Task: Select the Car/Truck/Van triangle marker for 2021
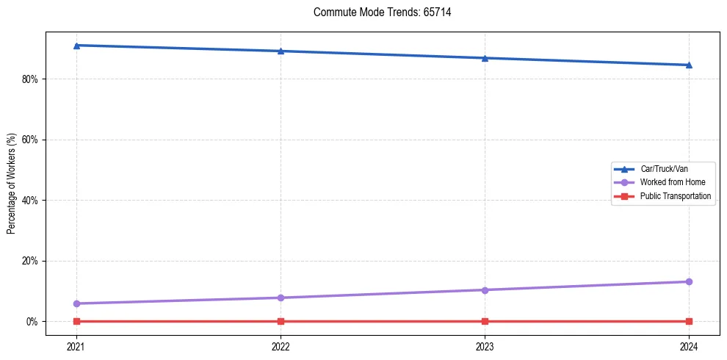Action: click(x=76, y=46)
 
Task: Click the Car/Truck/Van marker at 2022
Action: click(x=281, y=51)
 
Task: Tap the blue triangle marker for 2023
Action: click(x=485, y=58)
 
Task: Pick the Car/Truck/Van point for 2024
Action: click(x=689, y=65)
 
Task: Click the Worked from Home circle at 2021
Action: click(x=76, y=303)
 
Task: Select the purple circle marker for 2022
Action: click(x=281, y=298)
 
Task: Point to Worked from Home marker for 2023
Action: click(x=485, y=289)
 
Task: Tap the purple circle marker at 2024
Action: click(x=689, y=281)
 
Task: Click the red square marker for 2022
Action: click(x=281, y=321)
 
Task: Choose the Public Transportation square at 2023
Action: click(x=485, y=321)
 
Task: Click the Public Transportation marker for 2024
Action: click(x=689, y=321)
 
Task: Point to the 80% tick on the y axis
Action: click(x=31, y=79)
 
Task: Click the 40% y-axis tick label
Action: click(x=31, y=200)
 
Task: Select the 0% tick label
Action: click(x=33, y=321)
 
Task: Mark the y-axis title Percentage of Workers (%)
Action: click(x=11, y=183)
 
